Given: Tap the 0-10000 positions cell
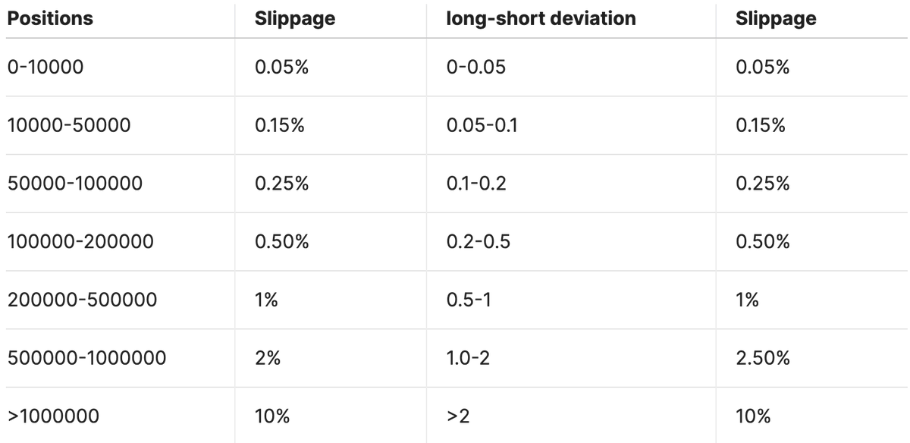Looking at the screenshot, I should tap(45, 68).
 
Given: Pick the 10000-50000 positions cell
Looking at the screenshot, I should tap(69, 125).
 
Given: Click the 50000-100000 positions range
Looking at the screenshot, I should tap(75, 184).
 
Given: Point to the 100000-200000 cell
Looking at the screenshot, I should tap(80, 242).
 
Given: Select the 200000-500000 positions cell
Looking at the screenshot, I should tap(82, 300).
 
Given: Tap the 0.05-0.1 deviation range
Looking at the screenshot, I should tap(481, 125).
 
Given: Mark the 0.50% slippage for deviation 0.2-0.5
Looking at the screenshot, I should tap(763, 242).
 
